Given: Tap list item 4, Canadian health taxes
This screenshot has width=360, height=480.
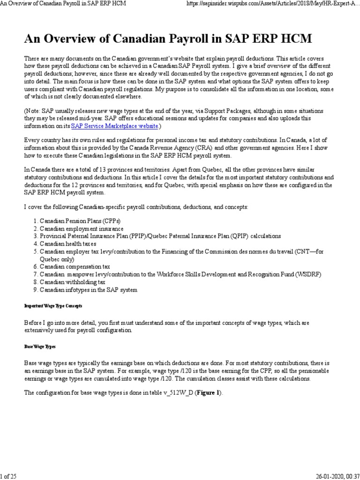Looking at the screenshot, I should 67,244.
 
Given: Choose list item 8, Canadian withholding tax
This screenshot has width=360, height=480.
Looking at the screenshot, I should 72,282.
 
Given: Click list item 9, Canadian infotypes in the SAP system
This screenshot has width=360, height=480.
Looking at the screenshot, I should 88,290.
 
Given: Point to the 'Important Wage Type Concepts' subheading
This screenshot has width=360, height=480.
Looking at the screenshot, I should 53,306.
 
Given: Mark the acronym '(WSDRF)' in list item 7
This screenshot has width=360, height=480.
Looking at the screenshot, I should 308,274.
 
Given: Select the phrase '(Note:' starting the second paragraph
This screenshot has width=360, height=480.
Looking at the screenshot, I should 33,111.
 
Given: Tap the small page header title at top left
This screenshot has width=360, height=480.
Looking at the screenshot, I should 64,4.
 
